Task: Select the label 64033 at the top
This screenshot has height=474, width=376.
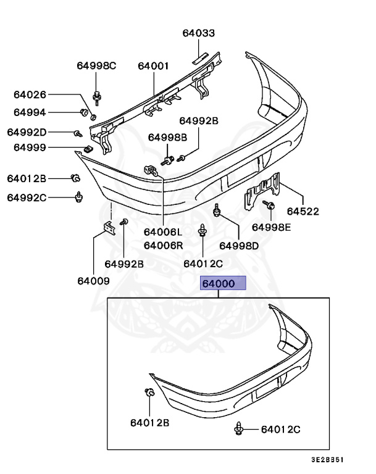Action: (x=199, y=33)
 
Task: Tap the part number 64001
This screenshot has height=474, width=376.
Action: (x=154, y=65)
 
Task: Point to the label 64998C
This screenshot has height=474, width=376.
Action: (x=96, y=65)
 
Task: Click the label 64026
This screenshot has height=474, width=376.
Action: (x=30, y=94)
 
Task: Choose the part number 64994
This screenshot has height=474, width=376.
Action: (x=30, y=112)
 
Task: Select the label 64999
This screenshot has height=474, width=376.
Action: (x=30, y=148)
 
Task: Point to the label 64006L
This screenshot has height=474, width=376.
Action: (x=163, y=233)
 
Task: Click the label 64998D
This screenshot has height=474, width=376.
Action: (x=240, y=246)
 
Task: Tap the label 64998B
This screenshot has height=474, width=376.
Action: (x=166, y=137)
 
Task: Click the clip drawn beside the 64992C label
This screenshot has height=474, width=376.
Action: (x=78, y=197)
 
